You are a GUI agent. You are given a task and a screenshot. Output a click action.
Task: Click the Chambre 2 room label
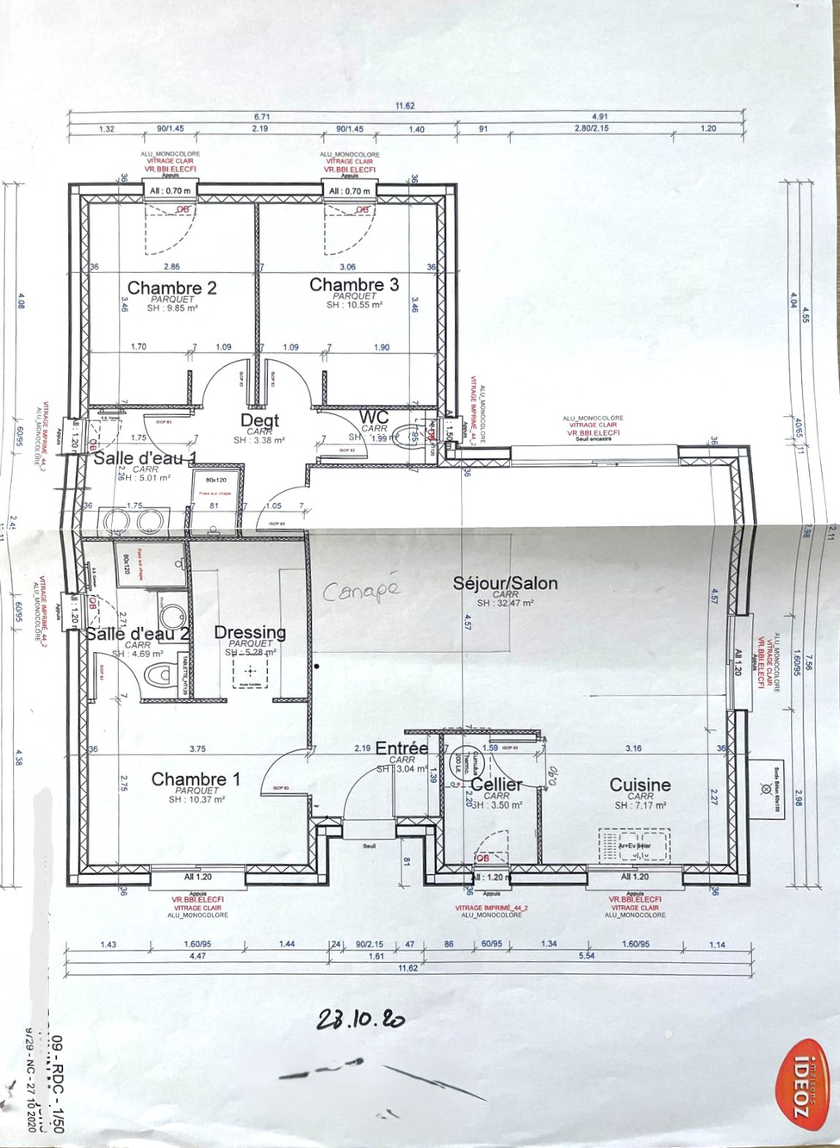point(171,288)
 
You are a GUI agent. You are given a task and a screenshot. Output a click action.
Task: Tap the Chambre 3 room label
point(353,285)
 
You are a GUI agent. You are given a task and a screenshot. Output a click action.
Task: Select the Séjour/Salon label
point(505,583)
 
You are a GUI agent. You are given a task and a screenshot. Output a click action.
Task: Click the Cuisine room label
point(639,785)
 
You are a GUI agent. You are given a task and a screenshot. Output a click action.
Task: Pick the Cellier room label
point(496,785)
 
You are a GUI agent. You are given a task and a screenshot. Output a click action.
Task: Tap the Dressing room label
point(250,632)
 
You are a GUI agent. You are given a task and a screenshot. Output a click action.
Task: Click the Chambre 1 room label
point(196,779)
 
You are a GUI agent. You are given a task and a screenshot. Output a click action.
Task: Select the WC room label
point(375,417)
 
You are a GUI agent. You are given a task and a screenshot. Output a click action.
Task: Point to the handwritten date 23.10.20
point(360,1020)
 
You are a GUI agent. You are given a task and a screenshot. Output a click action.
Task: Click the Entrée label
point(401,748)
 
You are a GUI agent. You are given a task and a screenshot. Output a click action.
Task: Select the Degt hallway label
point(259,420)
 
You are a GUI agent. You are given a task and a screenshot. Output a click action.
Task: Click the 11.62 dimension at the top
point(405,106)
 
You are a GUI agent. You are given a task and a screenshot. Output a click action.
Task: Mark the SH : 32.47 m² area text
point(505,604)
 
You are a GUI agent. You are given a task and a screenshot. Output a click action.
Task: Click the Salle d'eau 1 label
point(145,457)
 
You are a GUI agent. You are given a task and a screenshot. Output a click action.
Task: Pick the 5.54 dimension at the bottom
point(587,956)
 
